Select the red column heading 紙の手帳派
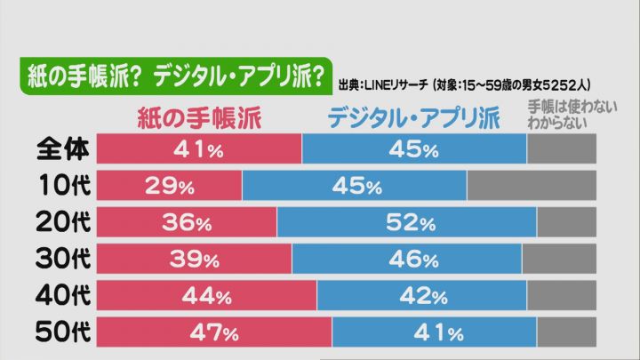tap(198, 117)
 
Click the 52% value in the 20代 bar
tap(410, 223)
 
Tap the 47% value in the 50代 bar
tap(213, 333)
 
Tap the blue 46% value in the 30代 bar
tap(410, 260)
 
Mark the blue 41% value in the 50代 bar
tap(437, 333)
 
